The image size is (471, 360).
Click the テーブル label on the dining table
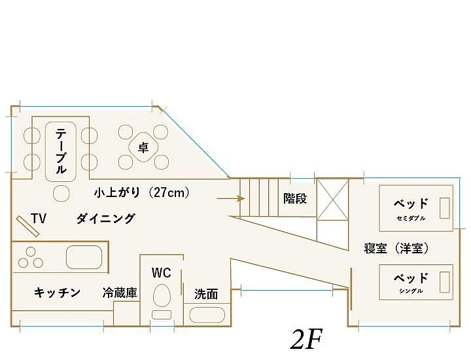click(x=60, y=151)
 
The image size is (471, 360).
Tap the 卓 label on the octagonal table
click(x=143, y=148)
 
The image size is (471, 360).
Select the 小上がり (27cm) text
click(x=141, y=192)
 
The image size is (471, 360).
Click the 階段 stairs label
click(x=295, y=198)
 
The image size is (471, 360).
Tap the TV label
click(x=38, y=219)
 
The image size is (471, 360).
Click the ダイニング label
click(x=105, y=219)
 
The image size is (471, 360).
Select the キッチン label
click(x=57, y=292)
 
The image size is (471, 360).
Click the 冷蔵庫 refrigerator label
click(x=120, y=293)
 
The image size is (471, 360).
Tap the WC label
click(x=161, y=272)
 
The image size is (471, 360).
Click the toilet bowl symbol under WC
click(x=161, y=296)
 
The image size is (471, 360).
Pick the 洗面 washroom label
click(x=206, y=295)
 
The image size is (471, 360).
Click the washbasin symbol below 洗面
click(x=207, y=314)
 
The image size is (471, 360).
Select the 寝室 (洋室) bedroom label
click(x=396, y=248)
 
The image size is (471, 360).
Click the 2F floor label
click(x=305, y=340)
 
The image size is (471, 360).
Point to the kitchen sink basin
click(x=84, y=258)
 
